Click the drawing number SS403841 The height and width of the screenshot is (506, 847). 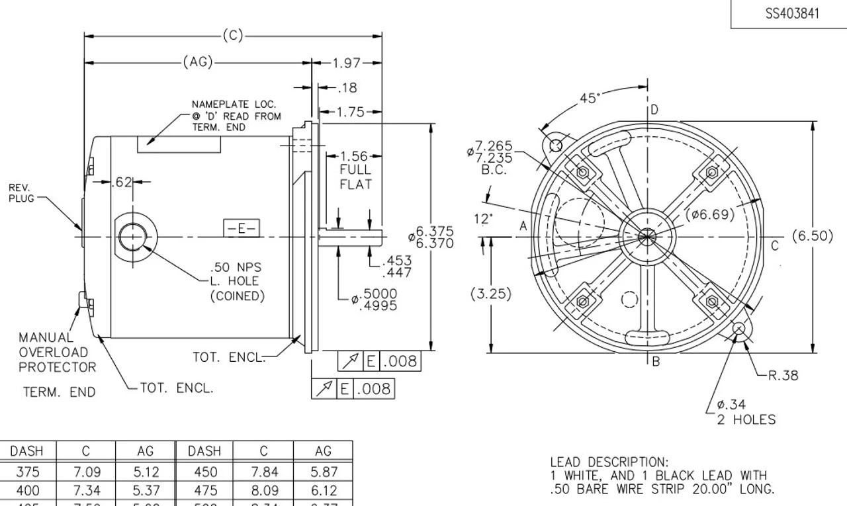pyautogui.click(x=792, y=14)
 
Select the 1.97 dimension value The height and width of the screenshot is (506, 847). pyautogui.click(x=347, y=63)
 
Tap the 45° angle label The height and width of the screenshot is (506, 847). pyautogui.click(x=590, y=99)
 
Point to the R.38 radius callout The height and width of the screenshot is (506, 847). pyautogui.click(x=783, y=376)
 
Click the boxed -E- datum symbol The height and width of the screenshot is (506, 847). pyautogui.click(x=241, y=229)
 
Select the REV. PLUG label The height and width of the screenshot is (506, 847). pyautogui.click(x=19, y=192)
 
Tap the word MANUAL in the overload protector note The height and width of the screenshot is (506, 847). pyautogui.click(x=46, y=338)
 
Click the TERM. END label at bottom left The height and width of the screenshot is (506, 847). pyautogui.click(x=60, y=392)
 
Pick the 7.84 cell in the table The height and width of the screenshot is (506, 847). pyautogui.click(x=263, y=472)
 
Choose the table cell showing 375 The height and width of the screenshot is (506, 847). pyautogui.click(x=27, y=472)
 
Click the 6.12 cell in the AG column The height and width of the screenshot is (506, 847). pyautogui.click(x=323, y=491)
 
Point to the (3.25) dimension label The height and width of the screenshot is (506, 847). pyautogui.click(x=490, y=294)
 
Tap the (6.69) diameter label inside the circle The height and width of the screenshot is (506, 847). pyautogui.click(x=709, y=214)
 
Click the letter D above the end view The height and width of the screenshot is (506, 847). pyautogui.click(x=654, y=110)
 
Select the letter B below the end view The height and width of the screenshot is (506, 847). pyautogui.click(x=656, y=361)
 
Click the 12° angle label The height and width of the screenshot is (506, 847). pyautogui.click(x=484, y=218)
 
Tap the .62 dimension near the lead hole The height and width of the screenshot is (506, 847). pyautogui.click(x=123, y=181)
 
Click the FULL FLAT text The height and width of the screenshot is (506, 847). pyautogui.click(x=355, y=177)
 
